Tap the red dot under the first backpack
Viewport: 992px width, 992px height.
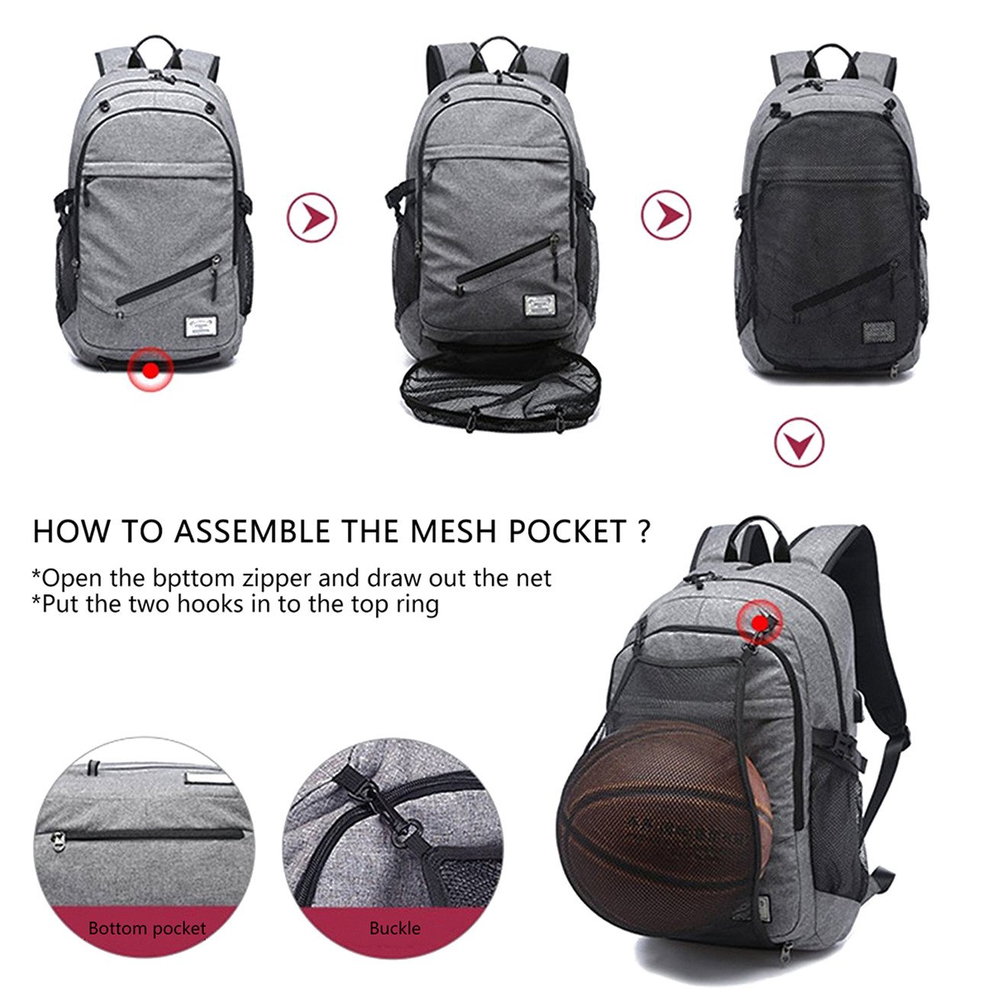[151, 370]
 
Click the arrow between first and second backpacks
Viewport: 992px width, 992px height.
[311, 217]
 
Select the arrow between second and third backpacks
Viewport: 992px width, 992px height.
[665, 215]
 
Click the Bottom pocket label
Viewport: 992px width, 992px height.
[147, 929]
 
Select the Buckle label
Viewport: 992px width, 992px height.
[395, 929]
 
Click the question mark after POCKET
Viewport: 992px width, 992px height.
[646, 532]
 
